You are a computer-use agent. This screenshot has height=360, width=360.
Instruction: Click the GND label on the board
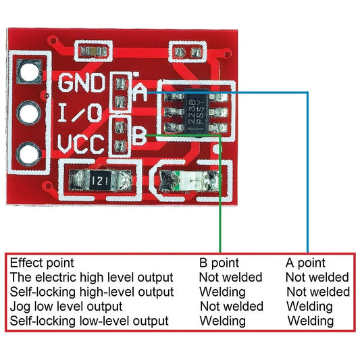[x=82, y=84]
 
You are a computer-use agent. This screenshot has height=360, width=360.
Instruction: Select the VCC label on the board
[x=81, y=145]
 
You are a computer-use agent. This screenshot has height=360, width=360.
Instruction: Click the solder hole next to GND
[x=29, y=71]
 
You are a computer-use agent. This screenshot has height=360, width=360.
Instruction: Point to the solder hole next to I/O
[x=29, y=113]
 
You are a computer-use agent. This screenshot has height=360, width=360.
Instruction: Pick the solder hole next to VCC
[x=29, y=155]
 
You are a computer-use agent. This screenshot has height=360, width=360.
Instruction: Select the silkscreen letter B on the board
[x=138, y=136]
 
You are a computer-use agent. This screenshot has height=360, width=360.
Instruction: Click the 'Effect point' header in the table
[x=42, y=263]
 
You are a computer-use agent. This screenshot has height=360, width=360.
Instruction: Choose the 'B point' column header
[x=219, y=263]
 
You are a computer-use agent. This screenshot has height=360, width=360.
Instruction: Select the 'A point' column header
[x=305, y=263]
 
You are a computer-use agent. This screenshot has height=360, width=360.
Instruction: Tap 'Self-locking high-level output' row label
[x=92, y=292]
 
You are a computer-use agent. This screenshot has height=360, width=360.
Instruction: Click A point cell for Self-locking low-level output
[x=311, y=321]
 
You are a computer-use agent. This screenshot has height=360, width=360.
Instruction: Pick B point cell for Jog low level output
[x=232, y=307]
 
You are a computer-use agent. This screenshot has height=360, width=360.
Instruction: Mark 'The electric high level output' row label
[x=91, y=277]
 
